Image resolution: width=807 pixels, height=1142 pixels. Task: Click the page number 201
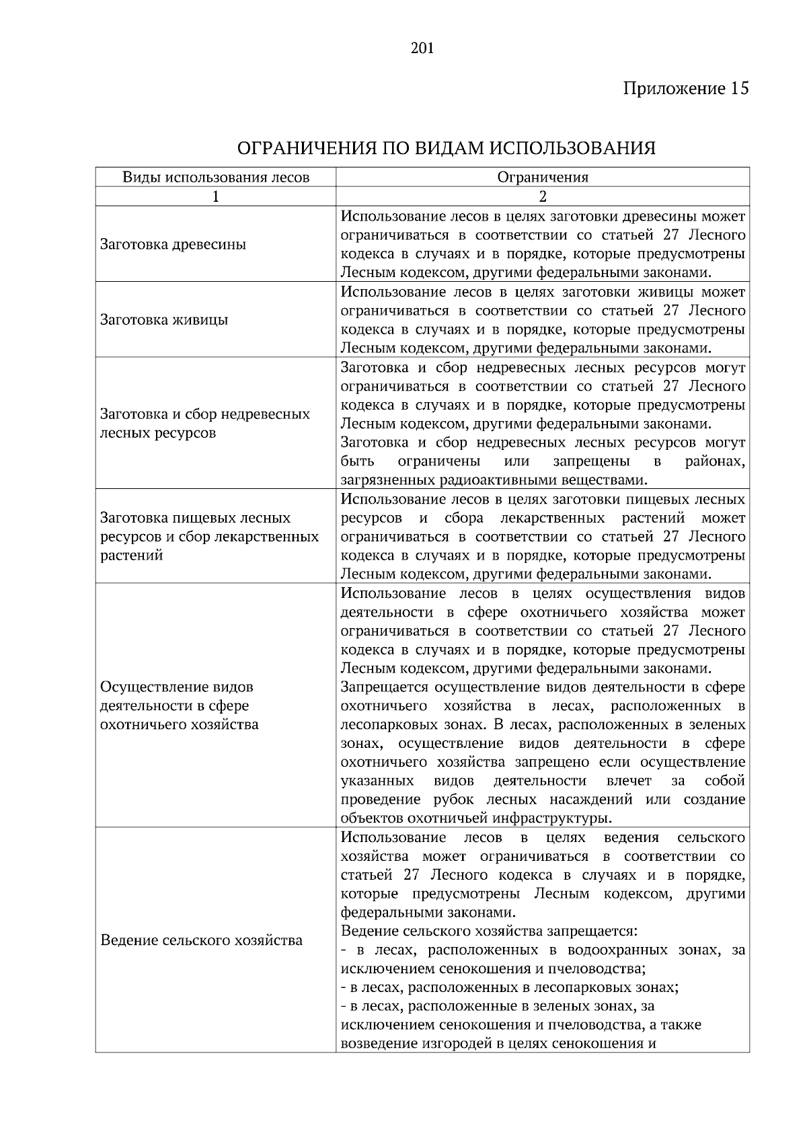pos(422,48)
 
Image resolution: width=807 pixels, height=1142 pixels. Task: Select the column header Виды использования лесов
pos(215,178)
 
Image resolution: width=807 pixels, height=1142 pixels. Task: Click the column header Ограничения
pos(542,178)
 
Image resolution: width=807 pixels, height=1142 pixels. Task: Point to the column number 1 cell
pos(215,196)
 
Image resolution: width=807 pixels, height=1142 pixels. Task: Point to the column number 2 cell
pos(542,196)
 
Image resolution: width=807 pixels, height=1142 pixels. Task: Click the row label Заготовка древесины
pos(173,244)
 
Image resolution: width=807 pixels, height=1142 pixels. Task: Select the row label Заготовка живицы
pos(164,319)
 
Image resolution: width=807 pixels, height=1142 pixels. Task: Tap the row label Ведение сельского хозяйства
pos(201,940)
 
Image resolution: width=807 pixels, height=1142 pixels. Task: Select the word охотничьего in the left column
pos(143,725)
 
